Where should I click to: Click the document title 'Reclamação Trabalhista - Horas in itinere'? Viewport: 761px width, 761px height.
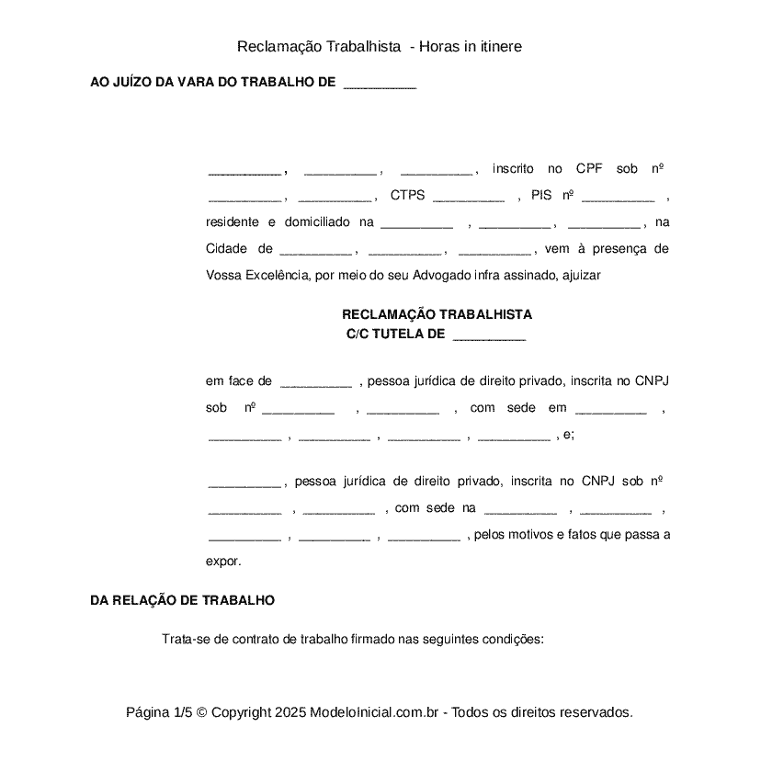pyautogui.click(x=380, y=46)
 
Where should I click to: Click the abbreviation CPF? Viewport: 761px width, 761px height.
pyautogui.click(x=588, y=169)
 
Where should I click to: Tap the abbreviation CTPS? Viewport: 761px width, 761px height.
pyautogui.click(x=407, y=196)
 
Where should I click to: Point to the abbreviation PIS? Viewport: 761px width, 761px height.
pyautogui.click(x=541, y=196)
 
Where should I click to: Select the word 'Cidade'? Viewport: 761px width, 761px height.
pyautogui.click(x=226, y=249)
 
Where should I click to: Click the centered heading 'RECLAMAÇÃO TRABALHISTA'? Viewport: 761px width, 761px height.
pyautogui.click(x=437, y=314)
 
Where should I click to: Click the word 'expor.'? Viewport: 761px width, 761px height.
pyautogui.click(x=223, y=560)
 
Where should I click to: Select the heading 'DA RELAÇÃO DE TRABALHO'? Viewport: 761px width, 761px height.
pyautogui.click(x=182, y=600)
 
